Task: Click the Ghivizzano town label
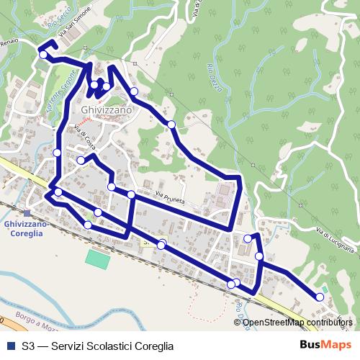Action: pyautogui.click(x=107, y=110)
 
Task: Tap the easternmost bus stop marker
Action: pyautogui.click(x=320, y=297)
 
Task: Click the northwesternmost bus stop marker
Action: pyautogui.click(x=43, y=55)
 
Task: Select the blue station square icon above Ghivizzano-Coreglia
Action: pyautogui.click(x=27, y=213)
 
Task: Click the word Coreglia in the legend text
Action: pyautogui.click(x=148, y=346)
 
